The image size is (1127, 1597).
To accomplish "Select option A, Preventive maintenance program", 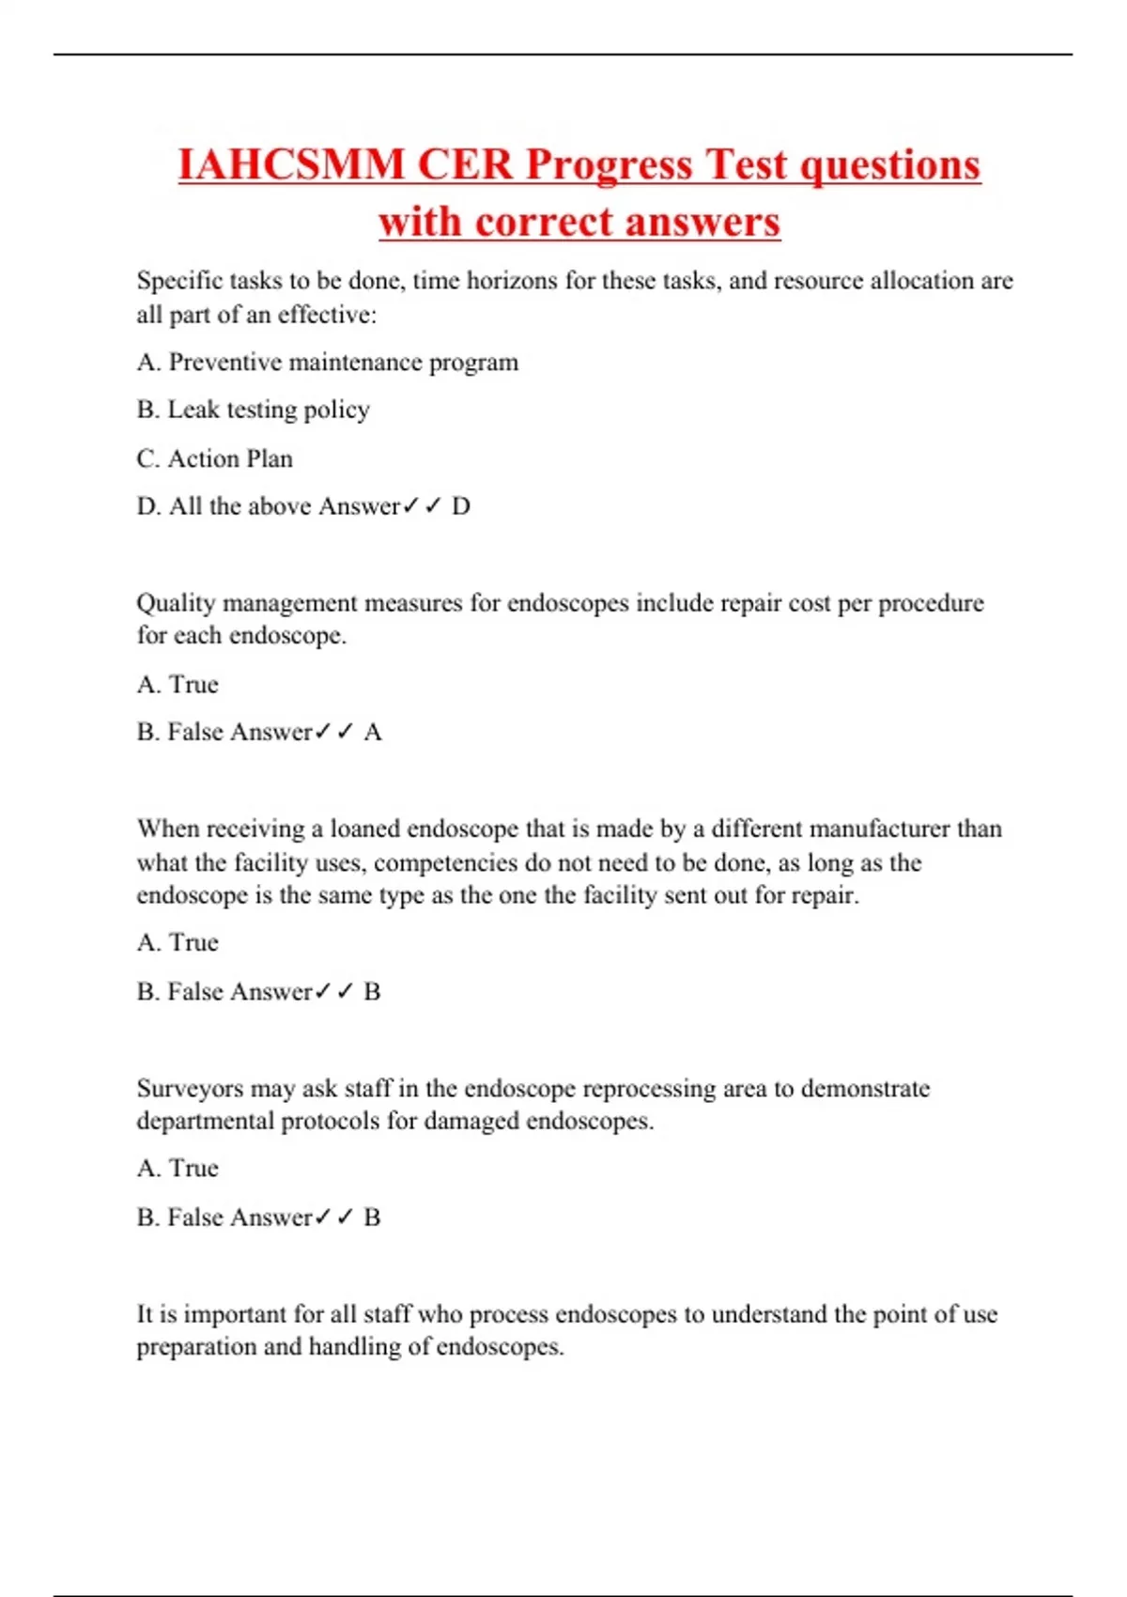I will point(327,363).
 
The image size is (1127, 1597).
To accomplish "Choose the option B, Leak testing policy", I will point(253,410).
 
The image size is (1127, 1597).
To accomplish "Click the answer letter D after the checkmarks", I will point(460,506).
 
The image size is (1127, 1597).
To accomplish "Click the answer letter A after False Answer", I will point(373,732).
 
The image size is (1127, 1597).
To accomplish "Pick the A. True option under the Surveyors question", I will point(178,1168).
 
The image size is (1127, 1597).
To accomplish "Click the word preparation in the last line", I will point(195,1347).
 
